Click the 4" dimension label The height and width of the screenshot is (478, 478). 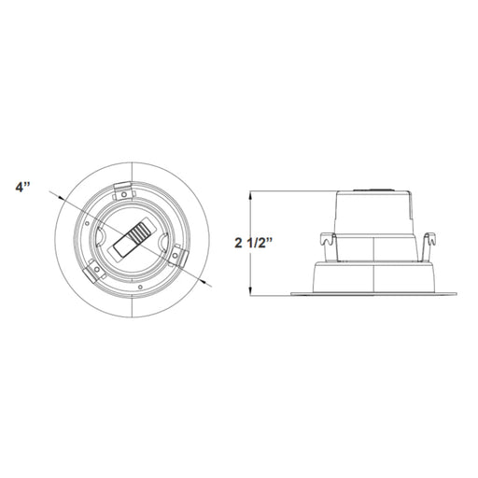coord(22,188)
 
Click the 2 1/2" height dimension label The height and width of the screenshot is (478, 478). coord(253,243)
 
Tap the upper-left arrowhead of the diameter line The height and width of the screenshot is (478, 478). coord(61,198)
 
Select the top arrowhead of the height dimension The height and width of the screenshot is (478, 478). coord(250,195)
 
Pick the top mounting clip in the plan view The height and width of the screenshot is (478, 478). coord(124,190)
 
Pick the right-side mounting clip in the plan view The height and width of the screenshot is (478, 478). coord(176,256)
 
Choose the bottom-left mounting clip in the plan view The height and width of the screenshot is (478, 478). coord(93,270)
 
